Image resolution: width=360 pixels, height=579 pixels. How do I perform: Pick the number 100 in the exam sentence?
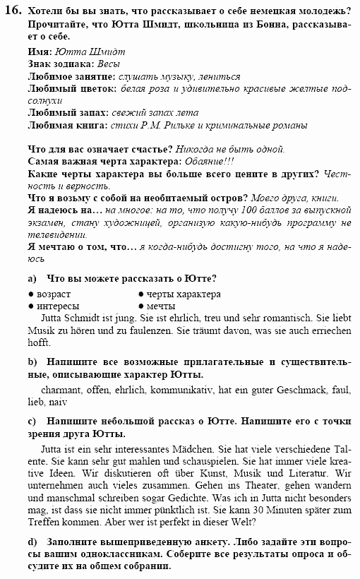point(246,210)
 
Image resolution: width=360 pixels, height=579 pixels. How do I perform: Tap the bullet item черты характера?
point(184,294)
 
